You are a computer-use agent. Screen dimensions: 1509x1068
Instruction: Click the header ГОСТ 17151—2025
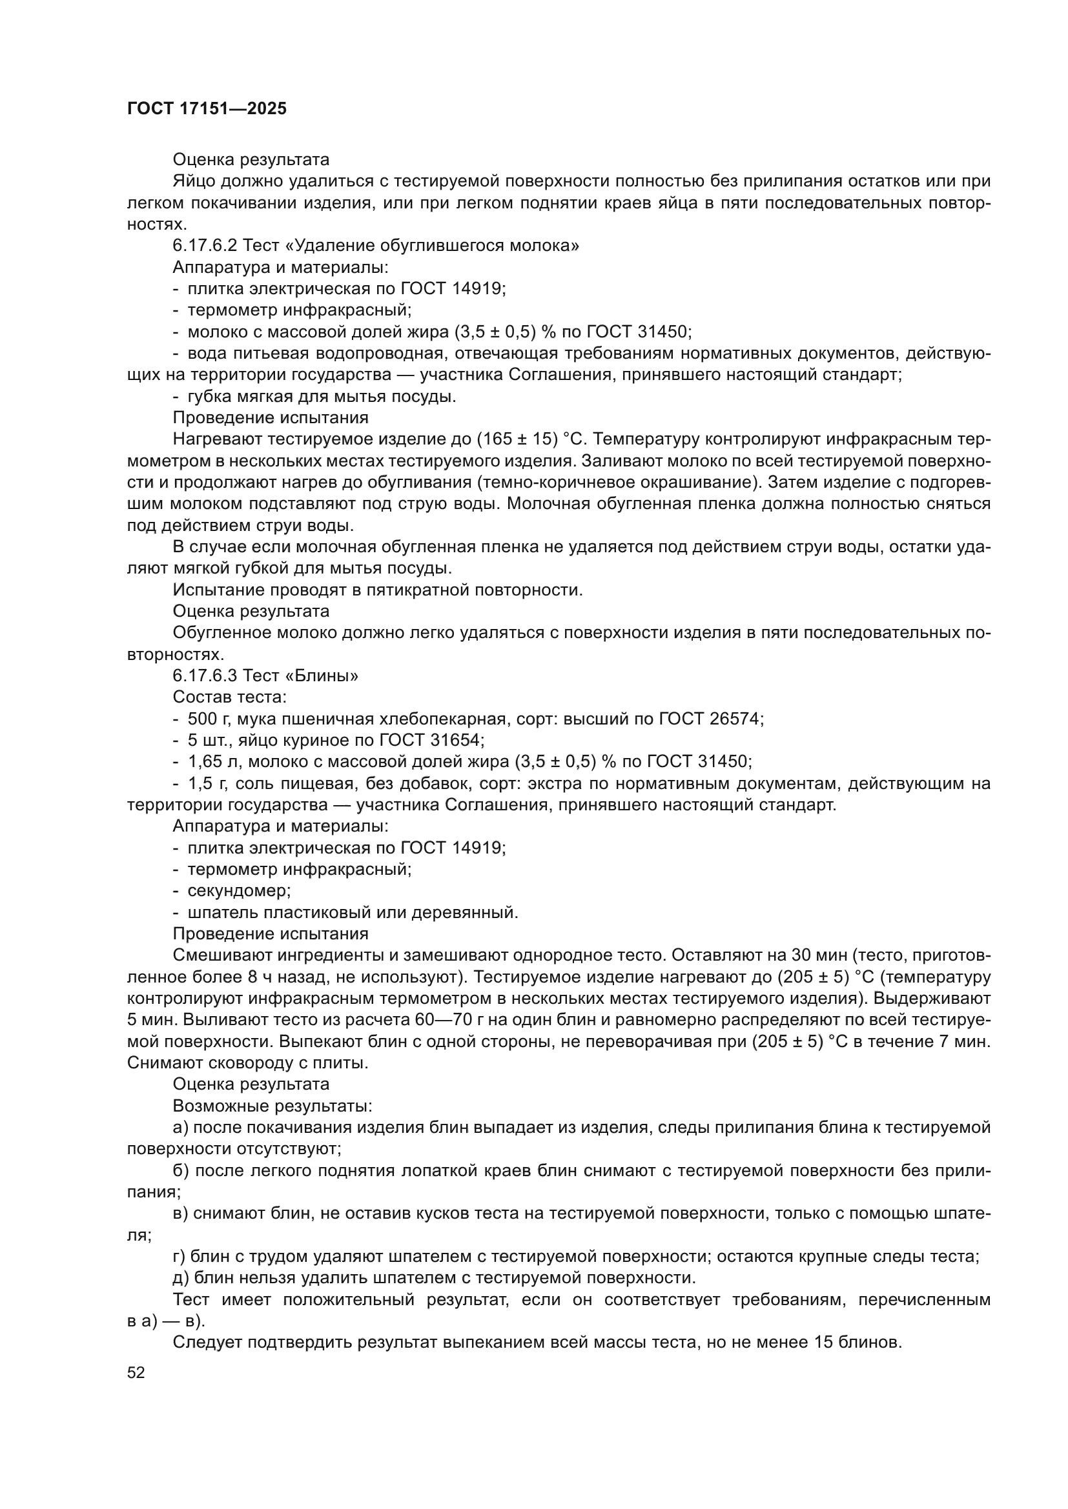207,109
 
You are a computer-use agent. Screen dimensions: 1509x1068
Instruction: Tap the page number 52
136,1372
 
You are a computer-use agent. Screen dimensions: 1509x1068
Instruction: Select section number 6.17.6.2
205,246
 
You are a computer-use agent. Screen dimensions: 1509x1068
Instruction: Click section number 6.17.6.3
205,675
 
